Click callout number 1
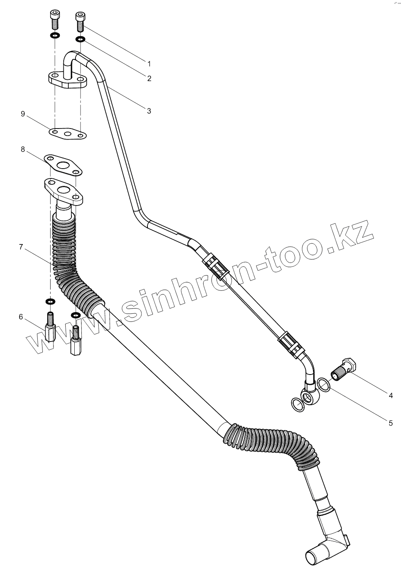(149, 63)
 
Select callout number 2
(149, 78)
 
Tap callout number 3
(149, 111)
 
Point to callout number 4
(390, 395)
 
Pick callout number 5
(390, 423)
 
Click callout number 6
(21, 317)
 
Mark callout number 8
(23, 149)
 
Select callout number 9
(23, 114)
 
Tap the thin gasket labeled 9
(68, 133)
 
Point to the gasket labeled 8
(63, 165)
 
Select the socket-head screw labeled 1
(80, 22)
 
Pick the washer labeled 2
(80, 39)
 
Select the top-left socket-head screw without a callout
(54, 19)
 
